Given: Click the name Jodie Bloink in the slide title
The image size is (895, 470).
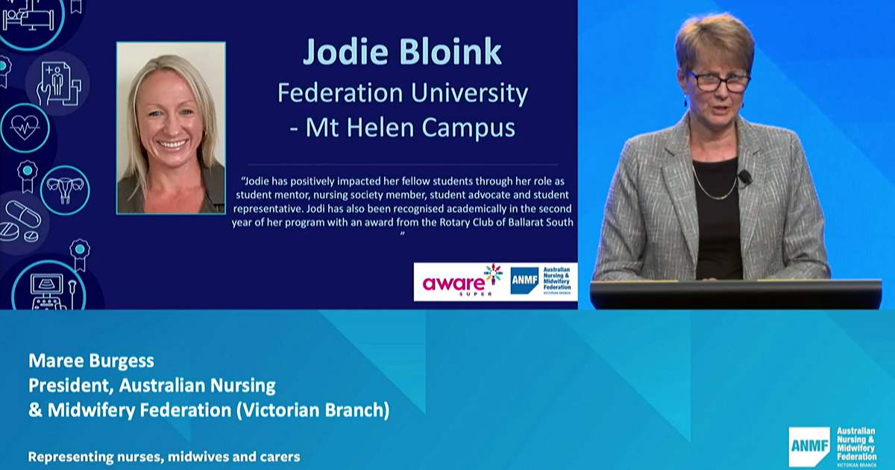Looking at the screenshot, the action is tap(402, 52).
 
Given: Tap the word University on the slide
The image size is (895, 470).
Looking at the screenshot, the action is tap(469, 93).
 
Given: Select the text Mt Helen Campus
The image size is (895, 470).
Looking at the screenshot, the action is tap(410, 128).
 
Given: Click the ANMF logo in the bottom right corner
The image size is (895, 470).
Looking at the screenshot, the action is tap(832, 447).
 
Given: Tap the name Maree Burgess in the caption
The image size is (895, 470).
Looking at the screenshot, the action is tap(91, 361).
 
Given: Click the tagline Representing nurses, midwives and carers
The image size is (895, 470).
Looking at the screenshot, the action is tap(164, 457).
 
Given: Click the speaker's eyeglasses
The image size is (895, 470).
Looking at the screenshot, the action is tap(718, 82).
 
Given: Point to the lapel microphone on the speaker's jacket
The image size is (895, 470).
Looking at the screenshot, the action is tap(745, 177).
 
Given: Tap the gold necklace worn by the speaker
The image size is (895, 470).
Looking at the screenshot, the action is tap(715, 185).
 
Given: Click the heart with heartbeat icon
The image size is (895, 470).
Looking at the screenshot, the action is tap(25, 128).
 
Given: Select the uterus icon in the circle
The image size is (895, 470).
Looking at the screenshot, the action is tap(65, 190).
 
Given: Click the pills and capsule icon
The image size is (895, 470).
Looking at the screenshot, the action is tap(21, 222).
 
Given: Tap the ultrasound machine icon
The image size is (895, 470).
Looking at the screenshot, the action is tap(50, 289).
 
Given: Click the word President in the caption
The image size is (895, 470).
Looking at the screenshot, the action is tap(71, 386).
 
